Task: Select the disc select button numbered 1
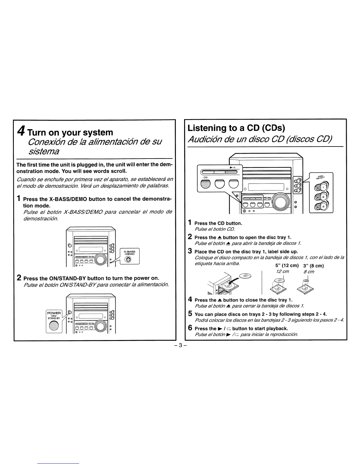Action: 321,187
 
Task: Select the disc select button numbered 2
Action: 321,197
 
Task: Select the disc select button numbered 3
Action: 321,207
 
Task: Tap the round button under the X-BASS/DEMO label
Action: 129,259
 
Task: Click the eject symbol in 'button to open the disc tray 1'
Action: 219,237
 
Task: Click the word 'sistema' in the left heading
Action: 44,152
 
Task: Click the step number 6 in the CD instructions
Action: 190,328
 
